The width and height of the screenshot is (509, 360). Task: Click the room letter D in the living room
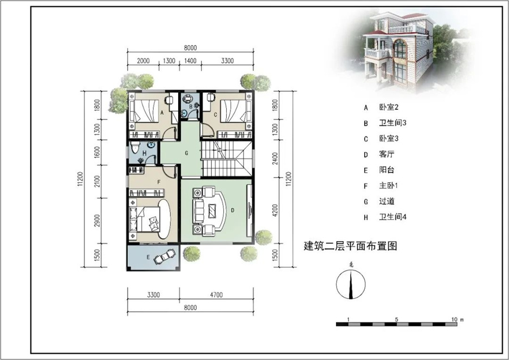(232, 209)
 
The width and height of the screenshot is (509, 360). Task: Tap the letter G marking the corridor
(186, 153)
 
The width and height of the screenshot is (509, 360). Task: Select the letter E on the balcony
(149, 258)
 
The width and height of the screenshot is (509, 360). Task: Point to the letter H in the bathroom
(145, 153)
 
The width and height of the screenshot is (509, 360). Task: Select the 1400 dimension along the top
(190, 61)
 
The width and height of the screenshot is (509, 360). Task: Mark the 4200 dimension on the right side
(275, 211)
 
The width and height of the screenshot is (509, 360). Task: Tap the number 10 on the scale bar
(455, 319)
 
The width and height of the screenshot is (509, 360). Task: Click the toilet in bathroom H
(134, 149)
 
